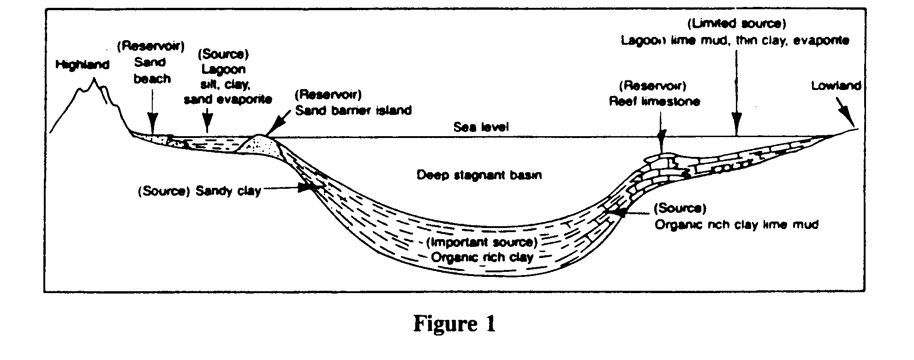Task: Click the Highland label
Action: pos(82,65)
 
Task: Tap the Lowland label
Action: pos(836,86)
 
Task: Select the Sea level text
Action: pos(481,127)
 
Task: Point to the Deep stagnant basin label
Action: pos(479,175)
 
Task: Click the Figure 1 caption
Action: pos(454,324)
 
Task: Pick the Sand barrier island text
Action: pos(353,111)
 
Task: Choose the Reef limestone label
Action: pos(654,102)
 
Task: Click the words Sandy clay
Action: pos(228,191)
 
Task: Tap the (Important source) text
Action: pos(482,242)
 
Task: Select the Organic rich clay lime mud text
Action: pos(736,225)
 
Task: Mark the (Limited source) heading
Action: pos(736,24)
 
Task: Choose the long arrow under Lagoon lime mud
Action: pos(736,92)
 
